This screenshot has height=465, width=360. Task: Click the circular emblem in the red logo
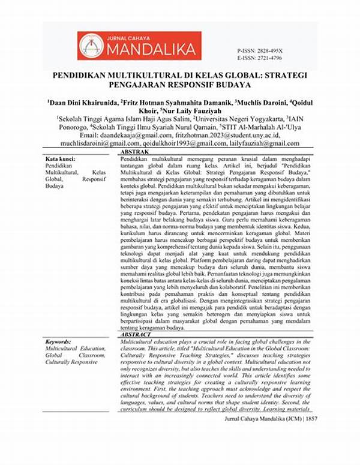click(x=91, y=46)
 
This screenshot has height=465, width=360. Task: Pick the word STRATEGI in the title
click(x=287, y=77)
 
